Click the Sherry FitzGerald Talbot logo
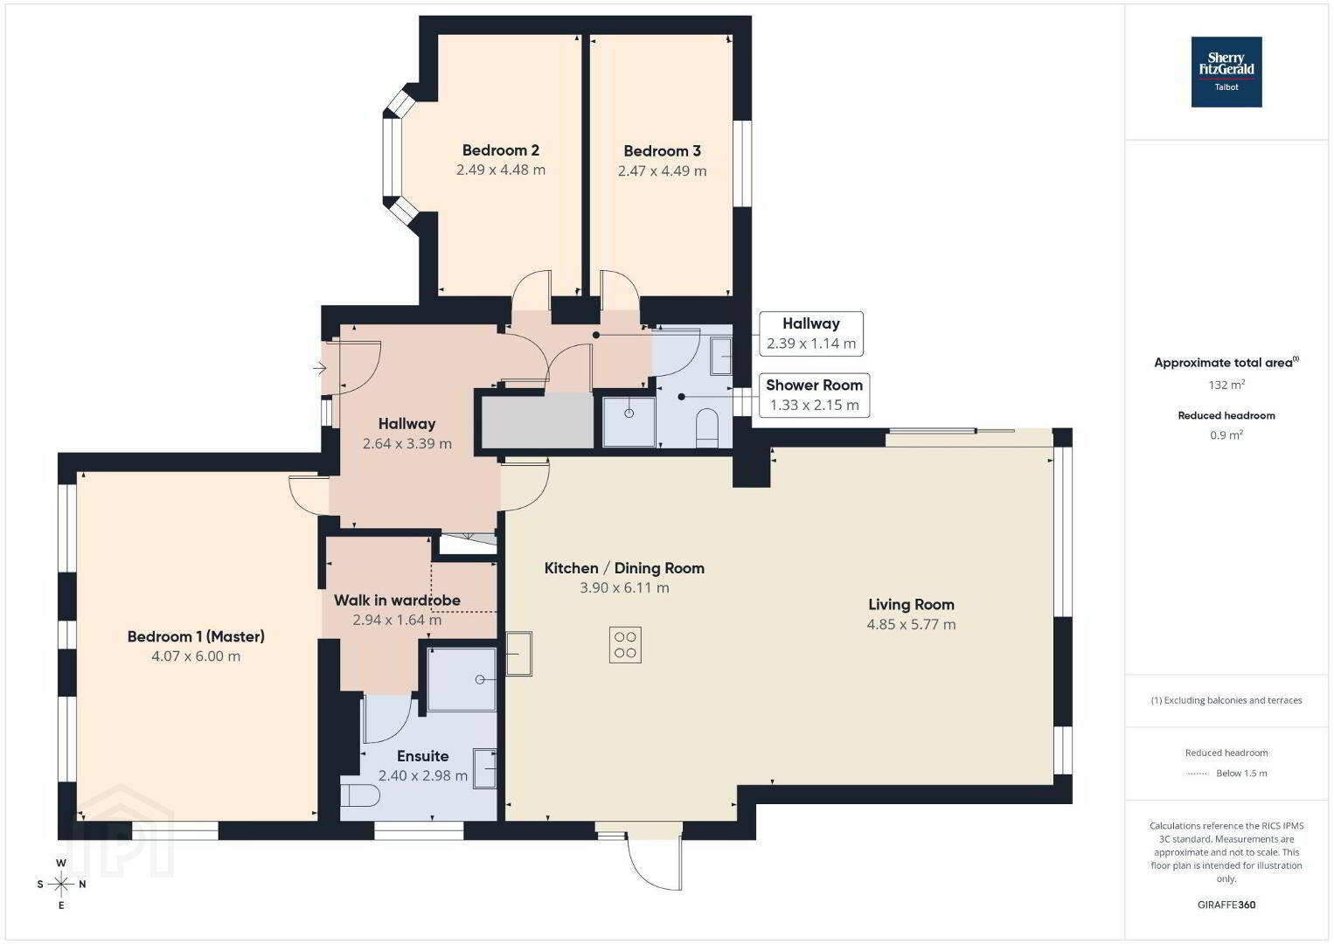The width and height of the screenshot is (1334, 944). coord(1226,72)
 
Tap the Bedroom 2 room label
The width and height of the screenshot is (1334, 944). coord(501,150)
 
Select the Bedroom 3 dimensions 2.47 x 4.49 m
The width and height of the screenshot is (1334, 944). coord(663,171)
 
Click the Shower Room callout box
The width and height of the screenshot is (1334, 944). coord(814,395)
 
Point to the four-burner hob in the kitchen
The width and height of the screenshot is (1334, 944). coord(625,645)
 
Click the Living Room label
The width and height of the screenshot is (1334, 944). coord(911,605)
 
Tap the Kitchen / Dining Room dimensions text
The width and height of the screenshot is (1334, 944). coord(625,588)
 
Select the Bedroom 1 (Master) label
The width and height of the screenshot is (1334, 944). coord(196,636)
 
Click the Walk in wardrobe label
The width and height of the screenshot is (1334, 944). coord(397,600)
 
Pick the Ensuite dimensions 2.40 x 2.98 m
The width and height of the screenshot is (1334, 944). coord(423,776)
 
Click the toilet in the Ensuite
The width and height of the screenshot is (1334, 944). coord(359,795)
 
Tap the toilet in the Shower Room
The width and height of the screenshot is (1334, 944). coord(707,427)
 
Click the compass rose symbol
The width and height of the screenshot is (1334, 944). coord(60,885)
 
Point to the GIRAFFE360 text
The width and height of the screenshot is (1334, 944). coord(1226,905)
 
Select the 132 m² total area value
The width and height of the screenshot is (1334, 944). coord(1226,385)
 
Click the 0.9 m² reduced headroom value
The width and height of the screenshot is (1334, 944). coord(1226,434)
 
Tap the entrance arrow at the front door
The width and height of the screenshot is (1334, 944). coord(320,369)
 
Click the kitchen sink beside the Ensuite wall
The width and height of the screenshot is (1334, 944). coord(518,653)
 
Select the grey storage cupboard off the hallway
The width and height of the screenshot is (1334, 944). coord(537,421)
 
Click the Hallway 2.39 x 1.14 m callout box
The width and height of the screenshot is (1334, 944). coord(811,334)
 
